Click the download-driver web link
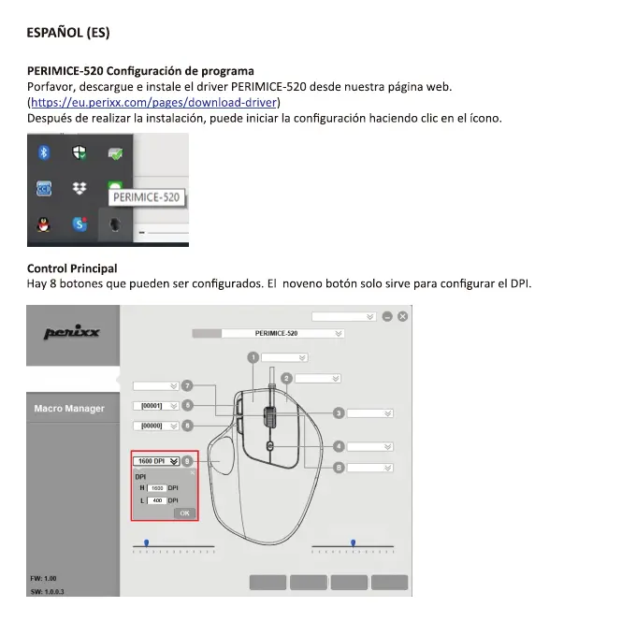pyautogui.click(x=154, y=102)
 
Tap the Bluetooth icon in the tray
pyautogui.click(x=43, y=153)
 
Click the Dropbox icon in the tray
pyautogui.click(x=79, y=189)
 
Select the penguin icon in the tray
pyautogui.click(x=43, y=224)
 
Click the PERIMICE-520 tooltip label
pyautogui.click(x=145, y=197)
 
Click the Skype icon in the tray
pyautogui.click(x=79, y=224)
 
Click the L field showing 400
pyautogui.click(x=157, y=500)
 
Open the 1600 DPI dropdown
pyautogui.click(x=156, y=461)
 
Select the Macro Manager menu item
pyautogui.click(x=70, y=409)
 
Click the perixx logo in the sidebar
pyautogui.click(x=72, y=333)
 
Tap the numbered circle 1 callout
pyautogui.click(x=253, y=357)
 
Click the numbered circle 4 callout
pyautogui.click(x=339, y=447)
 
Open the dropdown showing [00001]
pyautogui.click(x=155, y=406)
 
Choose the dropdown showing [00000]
pyautogui.click(x=155, y=426)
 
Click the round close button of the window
pyautogui.click(x=402, y=317)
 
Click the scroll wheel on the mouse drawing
pyautogui.click(x=269, y=414)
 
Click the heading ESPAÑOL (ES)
pyautogui.click(x=68, y=33)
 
